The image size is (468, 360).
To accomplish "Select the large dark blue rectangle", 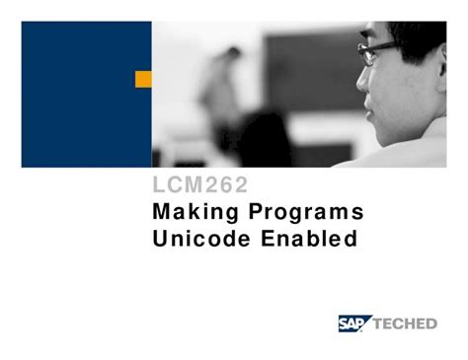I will [x=85, y=95].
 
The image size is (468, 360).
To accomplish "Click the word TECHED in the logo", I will [x=407, y=324].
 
